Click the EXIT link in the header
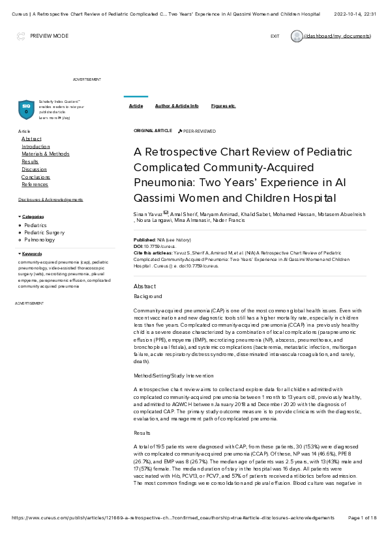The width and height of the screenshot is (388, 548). [x=275, y=36]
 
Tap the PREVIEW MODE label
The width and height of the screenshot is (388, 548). [x=49, y=36]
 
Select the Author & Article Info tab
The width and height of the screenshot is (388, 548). [x=177, y=105]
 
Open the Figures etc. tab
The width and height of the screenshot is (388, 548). [x=223, y=105]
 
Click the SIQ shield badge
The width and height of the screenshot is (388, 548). [x=26, y=109]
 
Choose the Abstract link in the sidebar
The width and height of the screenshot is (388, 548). [x=31, y=139]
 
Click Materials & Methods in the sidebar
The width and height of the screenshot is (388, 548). [x=45, y=154]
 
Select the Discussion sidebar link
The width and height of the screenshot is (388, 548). [x=34, y=169]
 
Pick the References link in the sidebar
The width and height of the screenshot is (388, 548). [x=35, y=184]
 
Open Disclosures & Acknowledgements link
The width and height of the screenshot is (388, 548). [x=50, y=199]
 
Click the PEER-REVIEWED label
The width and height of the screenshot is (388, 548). [x=199, y=131]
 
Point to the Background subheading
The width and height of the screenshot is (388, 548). [x=147, y=296]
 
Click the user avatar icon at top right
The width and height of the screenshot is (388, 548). [x=297, y=36]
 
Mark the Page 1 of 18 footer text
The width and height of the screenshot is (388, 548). [x=363, y=517]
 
